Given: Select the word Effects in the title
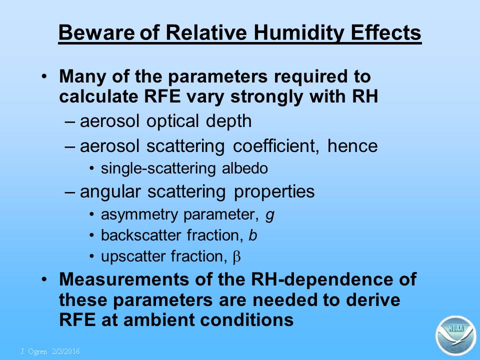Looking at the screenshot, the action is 386,32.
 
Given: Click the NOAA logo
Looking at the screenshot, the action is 455,335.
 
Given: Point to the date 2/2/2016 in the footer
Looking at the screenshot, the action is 66,351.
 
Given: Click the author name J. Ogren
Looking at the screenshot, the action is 33,351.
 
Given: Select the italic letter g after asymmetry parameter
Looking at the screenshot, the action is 269,215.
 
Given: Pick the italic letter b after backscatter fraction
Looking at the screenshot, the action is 252,235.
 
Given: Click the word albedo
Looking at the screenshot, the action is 245,168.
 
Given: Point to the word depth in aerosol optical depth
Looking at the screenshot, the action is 228,121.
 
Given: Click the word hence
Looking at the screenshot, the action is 352,145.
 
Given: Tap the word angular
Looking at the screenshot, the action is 110,192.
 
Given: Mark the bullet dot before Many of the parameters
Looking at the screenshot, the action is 44,76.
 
